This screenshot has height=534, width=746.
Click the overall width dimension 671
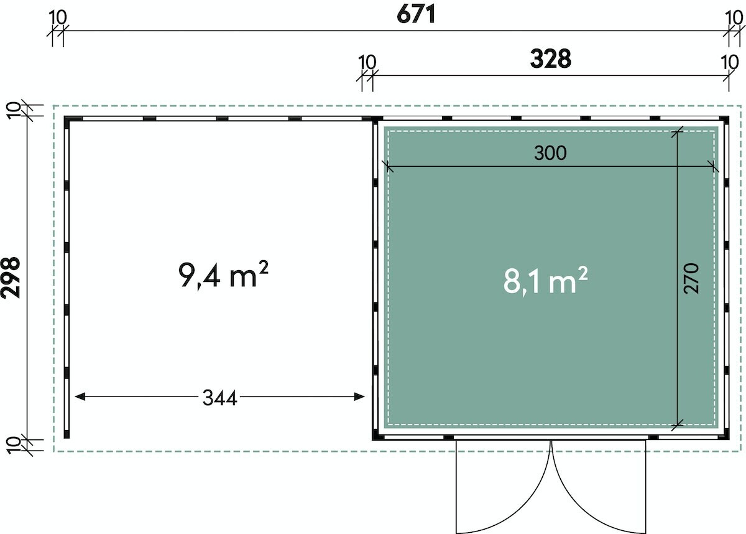416,15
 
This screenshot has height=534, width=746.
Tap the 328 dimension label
551,59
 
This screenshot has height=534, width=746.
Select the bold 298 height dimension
11,278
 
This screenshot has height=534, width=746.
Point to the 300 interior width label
550,153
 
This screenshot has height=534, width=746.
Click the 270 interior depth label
691,278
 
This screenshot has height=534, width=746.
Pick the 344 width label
220,398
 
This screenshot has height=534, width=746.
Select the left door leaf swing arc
520,503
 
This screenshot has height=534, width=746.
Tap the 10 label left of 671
58,17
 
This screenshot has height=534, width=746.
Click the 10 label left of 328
367,62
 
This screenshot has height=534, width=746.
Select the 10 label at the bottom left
13,446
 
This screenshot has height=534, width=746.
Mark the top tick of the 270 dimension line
678,132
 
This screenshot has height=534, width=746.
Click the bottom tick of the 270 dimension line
678,424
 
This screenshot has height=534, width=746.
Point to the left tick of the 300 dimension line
388,166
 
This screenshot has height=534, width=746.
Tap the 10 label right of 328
730,62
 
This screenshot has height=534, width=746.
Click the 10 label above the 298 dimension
13,111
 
